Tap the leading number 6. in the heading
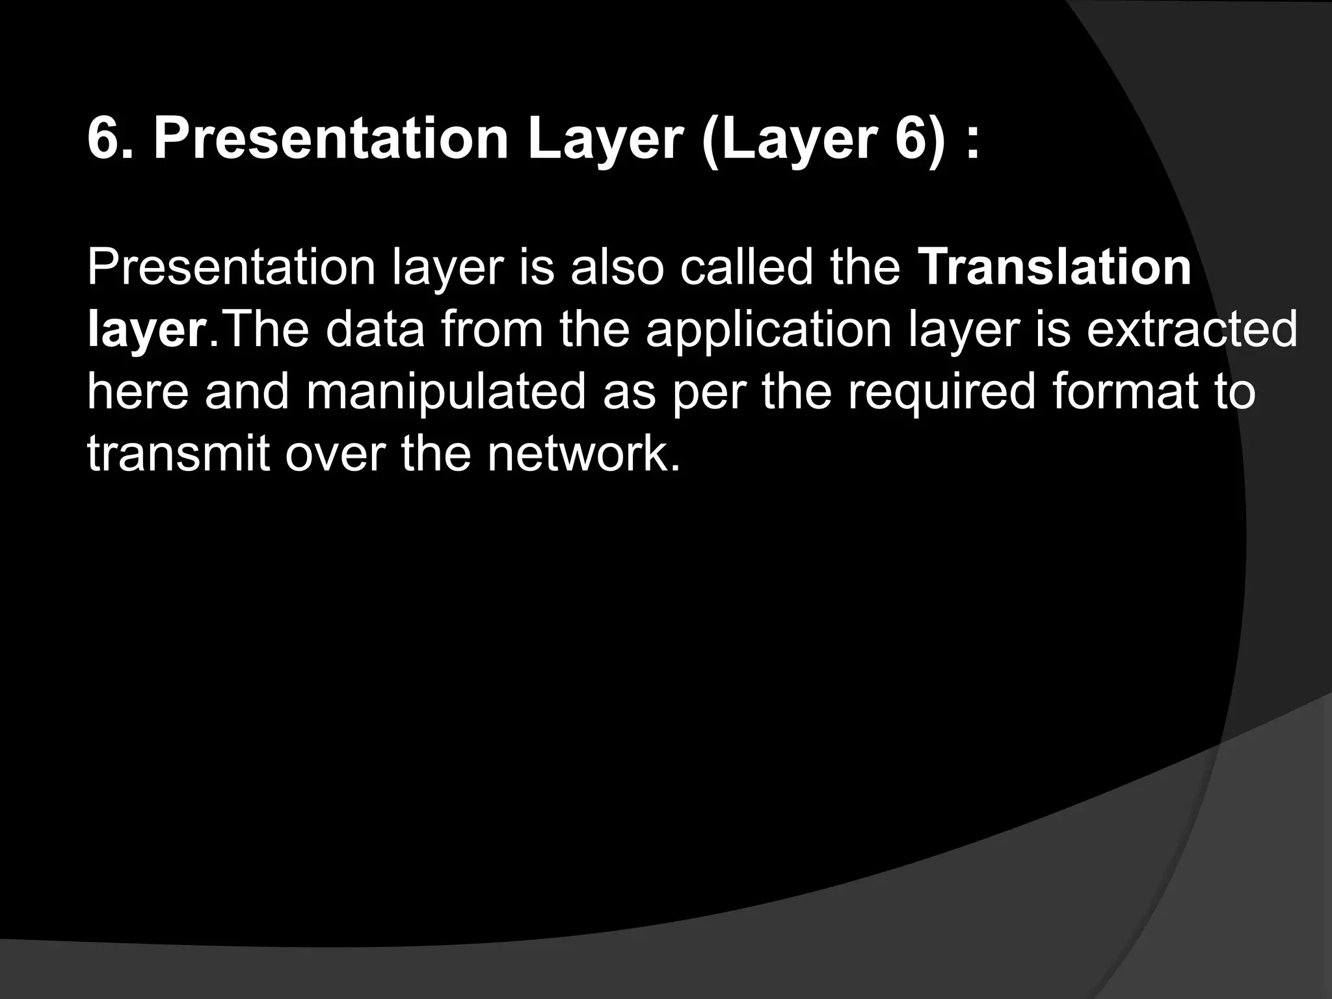click(x=109, y=140)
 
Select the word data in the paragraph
click(x=375, y=329)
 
